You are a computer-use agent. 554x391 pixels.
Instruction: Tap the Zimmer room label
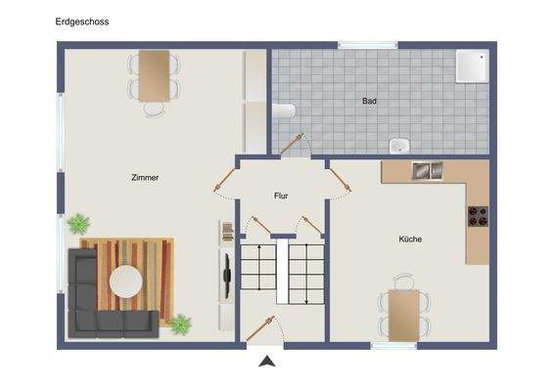145,178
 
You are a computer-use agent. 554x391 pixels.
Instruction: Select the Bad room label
369,101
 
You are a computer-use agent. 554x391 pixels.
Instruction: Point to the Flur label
281,196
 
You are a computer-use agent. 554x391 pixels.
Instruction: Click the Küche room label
410,239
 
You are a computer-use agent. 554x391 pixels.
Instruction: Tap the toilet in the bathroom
284,110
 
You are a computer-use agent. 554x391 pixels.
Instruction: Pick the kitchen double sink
426,171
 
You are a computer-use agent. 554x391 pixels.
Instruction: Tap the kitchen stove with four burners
478,215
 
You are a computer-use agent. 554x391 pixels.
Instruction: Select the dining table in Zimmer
154,74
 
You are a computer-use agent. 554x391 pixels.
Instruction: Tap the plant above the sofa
78,224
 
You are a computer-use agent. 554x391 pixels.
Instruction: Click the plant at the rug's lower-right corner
180,324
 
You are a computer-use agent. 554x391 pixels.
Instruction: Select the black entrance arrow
265,362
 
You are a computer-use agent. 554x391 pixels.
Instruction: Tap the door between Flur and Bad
293,144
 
